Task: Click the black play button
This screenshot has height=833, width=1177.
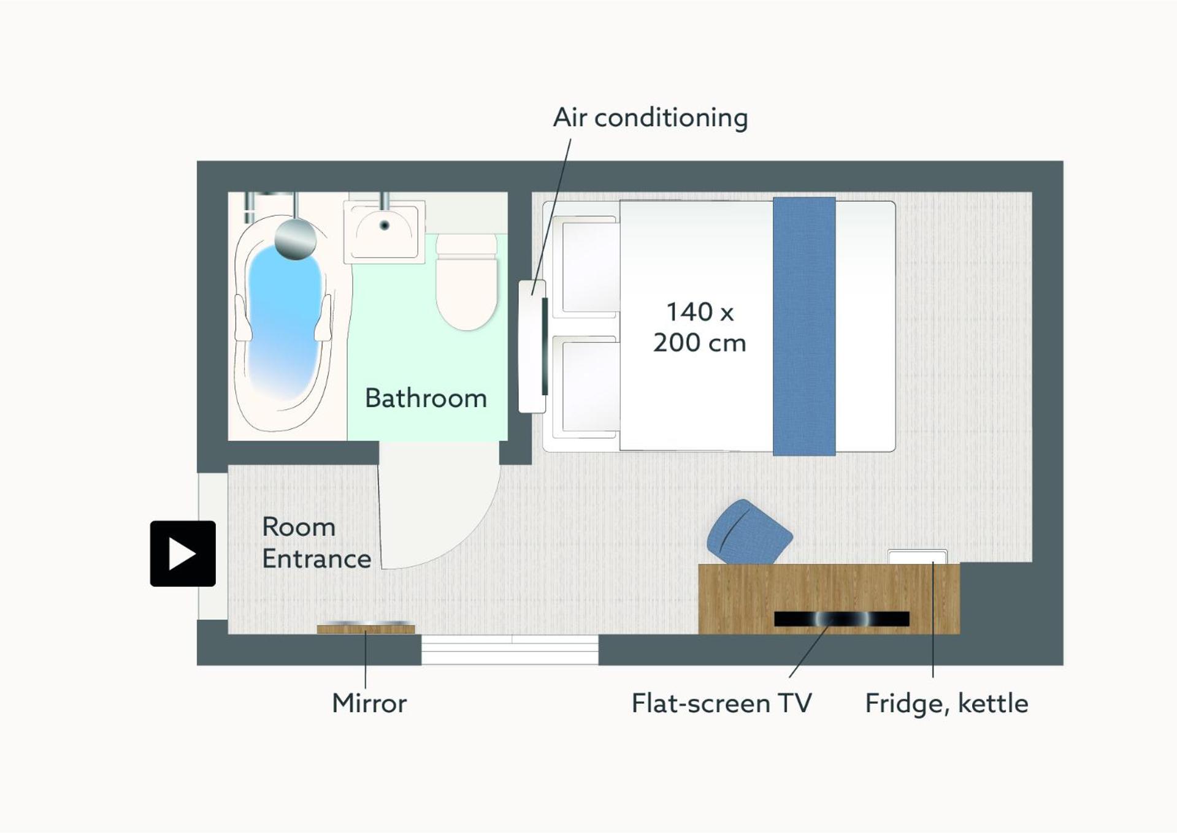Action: [x=183, y=553]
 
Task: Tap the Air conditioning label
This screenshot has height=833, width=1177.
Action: [x=650, y=118]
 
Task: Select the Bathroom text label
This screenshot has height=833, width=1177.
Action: [x=426, y=398]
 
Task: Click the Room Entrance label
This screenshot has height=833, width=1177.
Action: [x=316, y=543]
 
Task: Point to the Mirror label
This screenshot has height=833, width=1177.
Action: [x=369, y=703]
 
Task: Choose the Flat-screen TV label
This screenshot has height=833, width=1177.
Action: [x=722, y=703]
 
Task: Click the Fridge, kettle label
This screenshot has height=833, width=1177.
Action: [x=946, y=704]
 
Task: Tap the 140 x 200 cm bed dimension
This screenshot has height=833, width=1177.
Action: [x=700, y=327]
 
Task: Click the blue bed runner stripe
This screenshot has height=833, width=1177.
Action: [x=804, y=326]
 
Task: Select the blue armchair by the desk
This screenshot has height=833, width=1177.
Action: [x=749, y=533]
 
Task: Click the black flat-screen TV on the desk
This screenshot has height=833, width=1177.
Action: [x=842, y=619]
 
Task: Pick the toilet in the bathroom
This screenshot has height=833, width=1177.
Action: [x=466, y=282]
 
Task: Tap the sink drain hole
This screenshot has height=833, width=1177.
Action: [x=385, y=226]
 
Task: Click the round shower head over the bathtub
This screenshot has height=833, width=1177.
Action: [x=295, y=239]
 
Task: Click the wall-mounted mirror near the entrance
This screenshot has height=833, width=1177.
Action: [x=366, y=628]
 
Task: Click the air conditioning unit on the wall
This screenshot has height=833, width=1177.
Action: [x=532, y=346]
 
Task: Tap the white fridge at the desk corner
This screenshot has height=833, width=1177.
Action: [x=918, y=557]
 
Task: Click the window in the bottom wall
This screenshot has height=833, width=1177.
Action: [x=510, y=650]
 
